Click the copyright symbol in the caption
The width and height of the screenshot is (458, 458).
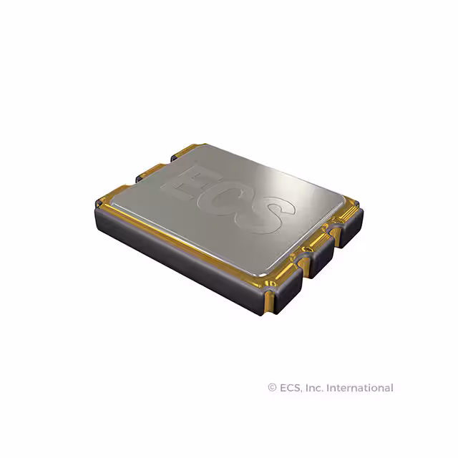pyautogui.click(x=272, y=388)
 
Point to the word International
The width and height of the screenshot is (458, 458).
pyautogui.click(x=360, y=388)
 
